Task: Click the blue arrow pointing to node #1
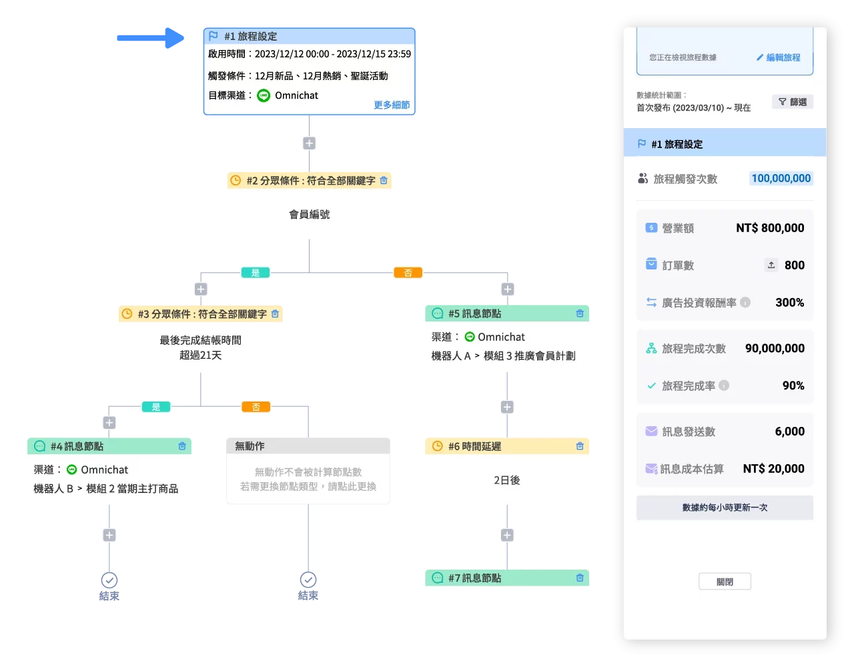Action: click(149, 38)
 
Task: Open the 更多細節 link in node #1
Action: click(392, 105)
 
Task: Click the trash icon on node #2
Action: click(384, 180)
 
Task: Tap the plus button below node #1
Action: click(309, 143)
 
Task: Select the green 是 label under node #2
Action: click(256, 272)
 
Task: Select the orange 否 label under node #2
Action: click(408, 272)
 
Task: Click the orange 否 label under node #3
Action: click(256, 406)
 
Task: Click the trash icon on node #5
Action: click(580, 313)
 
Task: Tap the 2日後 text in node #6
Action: click(506, 480)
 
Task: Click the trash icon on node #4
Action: click(182, 446)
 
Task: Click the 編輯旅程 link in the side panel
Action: click(778, 57)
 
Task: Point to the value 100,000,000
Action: click(781, 178)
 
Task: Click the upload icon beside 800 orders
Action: click(771, 265)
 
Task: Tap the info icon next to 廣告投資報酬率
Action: click(745, 302)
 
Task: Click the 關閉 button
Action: click(725, 582)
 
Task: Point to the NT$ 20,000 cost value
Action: click(773, 468)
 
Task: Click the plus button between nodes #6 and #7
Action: click(507, 535)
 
